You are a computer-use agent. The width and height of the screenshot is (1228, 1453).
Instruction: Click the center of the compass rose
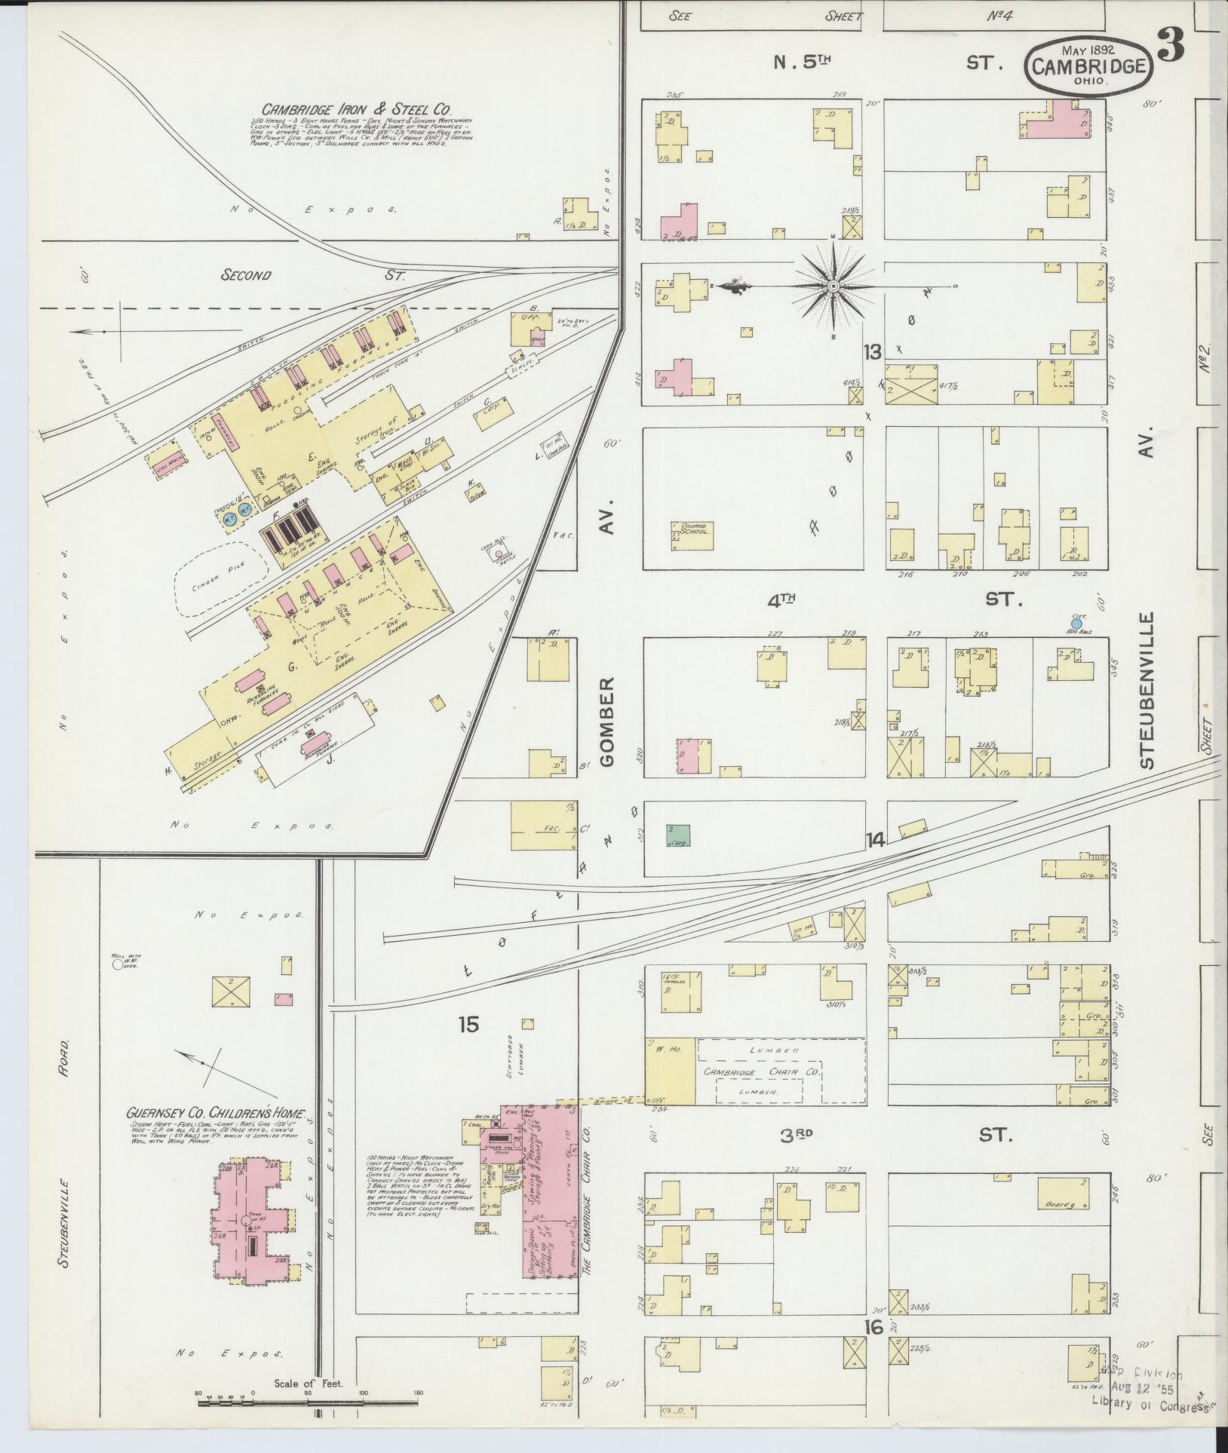point(834,287)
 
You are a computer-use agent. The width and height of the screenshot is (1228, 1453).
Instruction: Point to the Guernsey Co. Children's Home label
point(216,1112)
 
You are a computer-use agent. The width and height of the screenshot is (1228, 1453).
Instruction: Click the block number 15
point(468,1024)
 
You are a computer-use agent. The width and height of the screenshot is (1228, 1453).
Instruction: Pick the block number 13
point(873,351)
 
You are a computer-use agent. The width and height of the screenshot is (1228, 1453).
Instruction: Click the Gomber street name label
point(608,720)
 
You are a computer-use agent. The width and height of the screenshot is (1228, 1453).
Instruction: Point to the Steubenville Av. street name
point(1148,701)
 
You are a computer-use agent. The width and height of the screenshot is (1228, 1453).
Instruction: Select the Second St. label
point(246,276)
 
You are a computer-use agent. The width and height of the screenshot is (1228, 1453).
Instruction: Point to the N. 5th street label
point(800,62)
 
